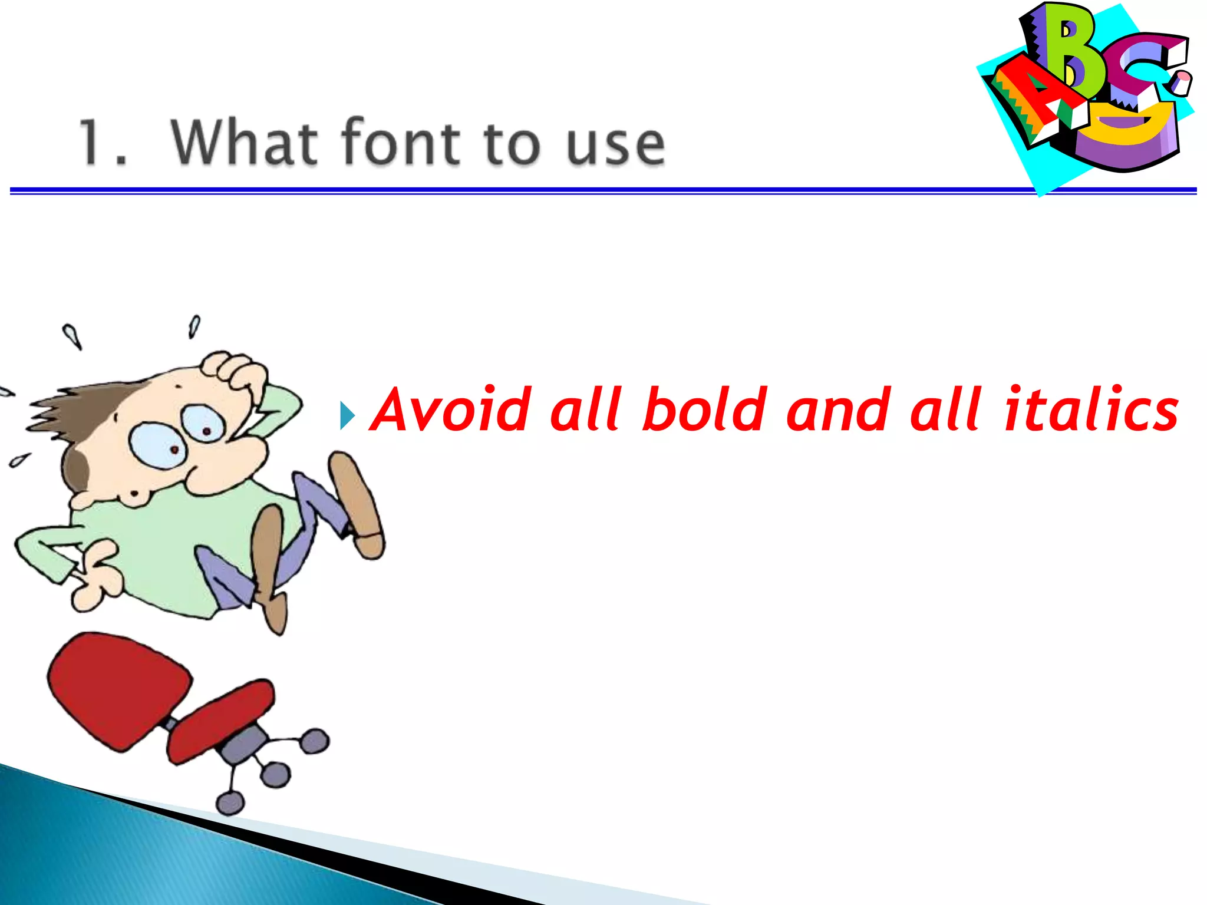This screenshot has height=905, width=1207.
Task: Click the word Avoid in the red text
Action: click(x=451, y=409)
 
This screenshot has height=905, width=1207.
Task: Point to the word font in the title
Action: click(x=401, y=142)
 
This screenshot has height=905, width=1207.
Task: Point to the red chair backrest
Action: click(x=118, y=689)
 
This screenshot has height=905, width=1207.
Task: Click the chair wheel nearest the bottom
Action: click(x=230, y=802)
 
